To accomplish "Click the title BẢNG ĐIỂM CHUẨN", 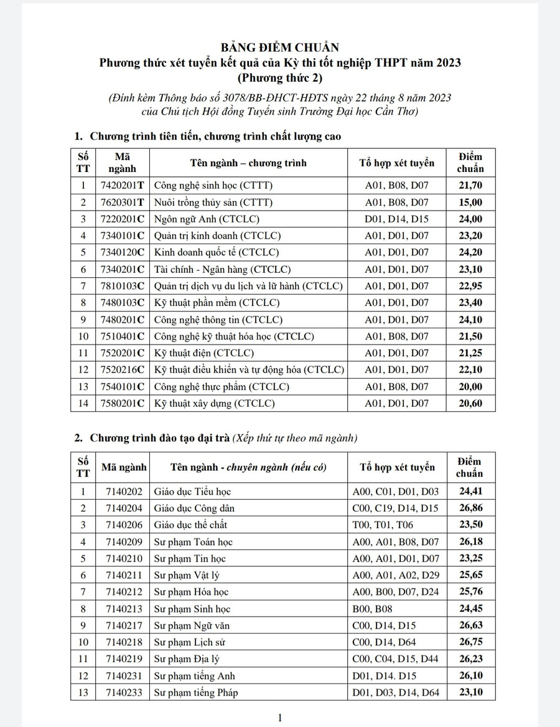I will pos(279,48).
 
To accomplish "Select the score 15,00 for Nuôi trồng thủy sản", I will pos(471,202).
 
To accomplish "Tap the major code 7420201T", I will pos(122,185).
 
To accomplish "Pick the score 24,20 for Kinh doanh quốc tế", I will pos(471,252).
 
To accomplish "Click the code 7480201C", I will pos(122,320).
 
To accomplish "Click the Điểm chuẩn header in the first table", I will pos(471,163).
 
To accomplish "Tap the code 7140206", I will pos(124,525).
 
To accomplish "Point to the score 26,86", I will pos(471,508).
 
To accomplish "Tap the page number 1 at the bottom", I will pos(280,717).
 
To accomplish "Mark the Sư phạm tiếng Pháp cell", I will pos(197,692).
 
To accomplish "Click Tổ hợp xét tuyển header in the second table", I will pos(397,467).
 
